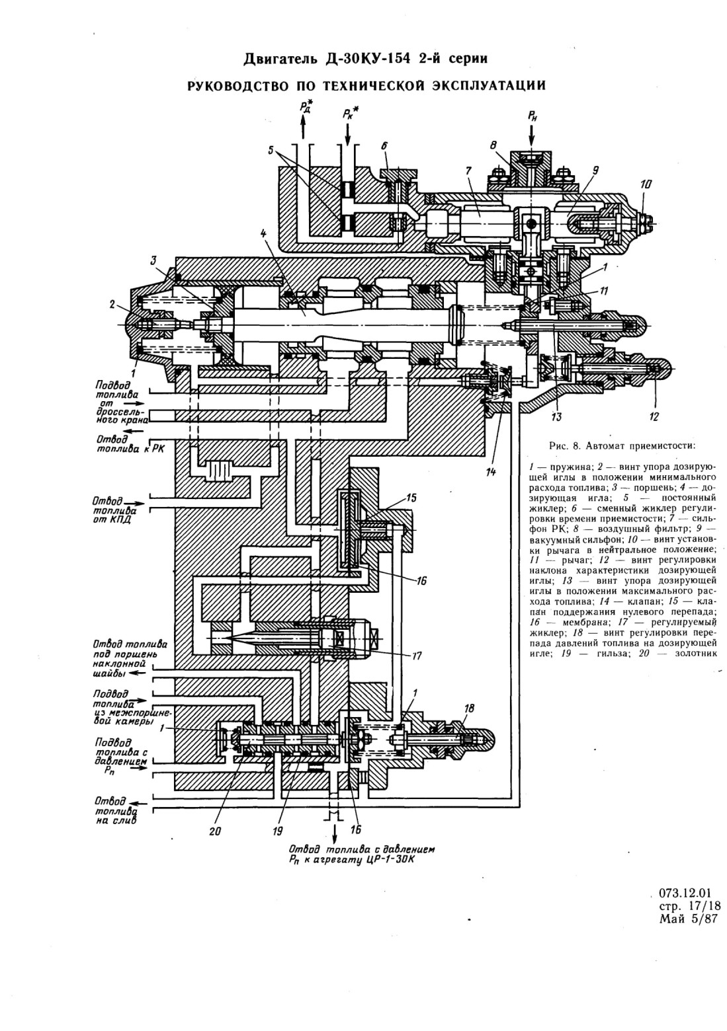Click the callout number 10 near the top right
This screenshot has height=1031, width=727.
point(646,185)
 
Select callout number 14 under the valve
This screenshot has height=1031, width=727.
point(491,472)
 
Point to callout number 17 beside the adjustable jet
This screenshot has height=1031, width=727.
point(417,656)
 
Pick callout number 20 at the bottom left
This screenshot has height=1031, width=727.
point(215,831)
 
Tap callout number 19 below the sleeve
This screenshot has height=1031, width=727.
point(277,831)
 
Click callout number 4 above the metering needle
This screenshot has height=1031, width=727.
point(263,233)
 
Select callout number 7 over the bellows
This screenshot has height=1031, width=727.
point(468,171)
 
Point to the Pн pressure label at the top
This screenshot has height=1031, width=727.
point(533,116)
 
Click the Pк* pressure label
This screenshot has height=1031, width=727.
point(351,113)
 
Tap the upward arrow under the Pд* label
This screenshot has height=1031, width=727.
point(303,128)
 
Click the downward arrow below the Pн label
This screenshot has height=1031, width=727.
point(533,135)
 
